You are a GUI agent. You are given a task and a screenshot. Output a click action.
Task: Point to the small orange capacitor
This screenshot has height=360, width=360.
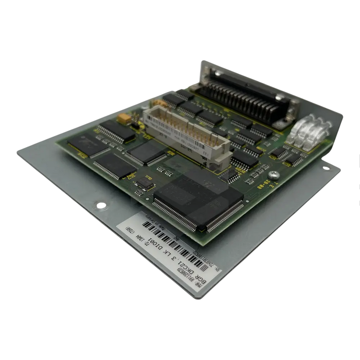[x=123, y=118]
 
